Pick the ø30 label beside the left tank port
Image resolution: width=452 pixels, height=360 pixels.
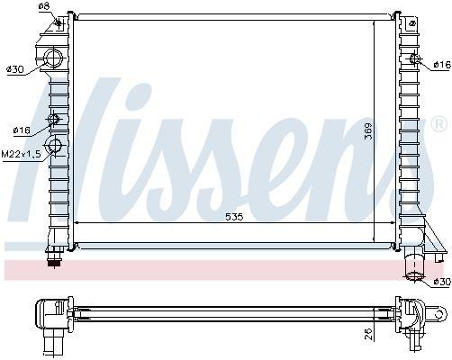pos(15,68)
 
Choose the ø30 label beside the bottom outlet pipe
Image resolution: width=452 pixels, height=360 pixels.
pos(440,283)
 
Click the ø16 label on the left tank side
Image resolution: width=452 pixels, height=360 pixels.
pos(22,130)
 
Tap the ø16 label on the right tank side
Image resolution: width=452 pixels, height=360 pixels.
pos(440,65)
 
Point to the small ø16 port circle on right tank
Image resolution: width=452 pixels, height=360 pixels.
pos(414,60)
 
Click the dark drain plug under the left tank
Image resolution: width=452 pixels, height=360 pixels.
pos(53,261)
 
